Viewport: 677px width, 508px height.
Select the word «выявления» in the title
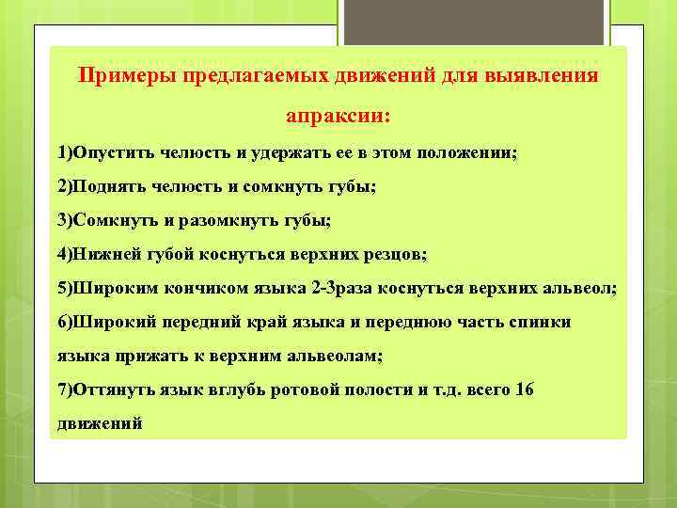(543, 75)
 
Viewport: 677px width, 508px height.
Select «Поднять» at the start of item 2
(109, 186)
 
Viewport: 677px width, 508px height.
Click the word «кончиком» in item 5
(208, 289)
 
